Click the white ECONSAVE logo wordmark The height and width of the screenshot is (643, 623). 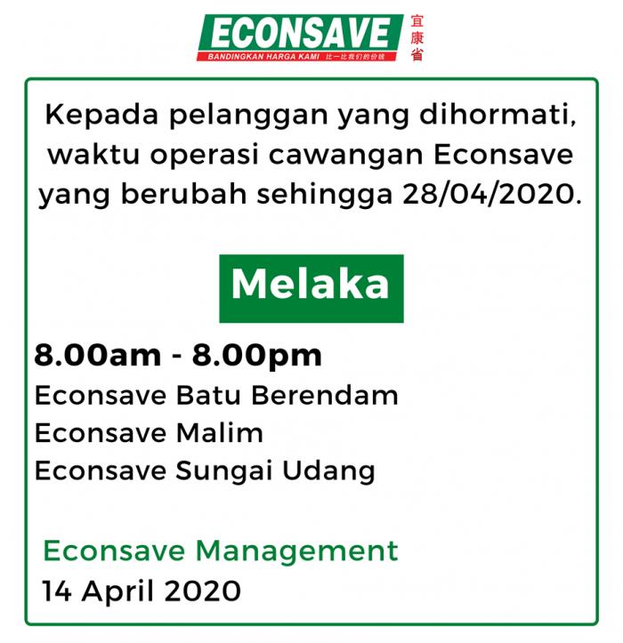tap(300, 33)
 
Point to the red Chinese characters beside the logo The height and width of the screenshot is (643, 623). tap(417, 37)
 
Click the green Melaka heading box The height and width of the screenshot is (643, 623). tap(311, 288)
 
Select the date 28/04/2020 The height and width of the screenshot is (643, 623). tap(492, 194)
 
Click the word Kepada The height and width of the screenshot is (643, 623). tap(101, 116)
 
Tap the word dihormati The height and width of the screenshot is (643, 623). tap(498, 115)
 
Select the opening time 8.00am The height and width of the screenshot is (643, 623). tap(98, 355)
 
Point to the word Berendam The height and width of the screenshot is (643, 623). tap(325, 396)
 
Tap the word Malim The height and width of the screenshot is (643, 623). tap(219, 433)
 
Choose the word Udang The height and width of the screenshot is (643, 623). tap(328, 471)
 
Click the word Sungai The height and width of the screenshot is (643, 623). tap(224, 471)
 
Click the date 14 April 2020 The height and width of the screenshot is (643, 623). tap(142, 591)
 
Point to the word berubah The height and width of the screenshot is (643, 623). tap(183, 194)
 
